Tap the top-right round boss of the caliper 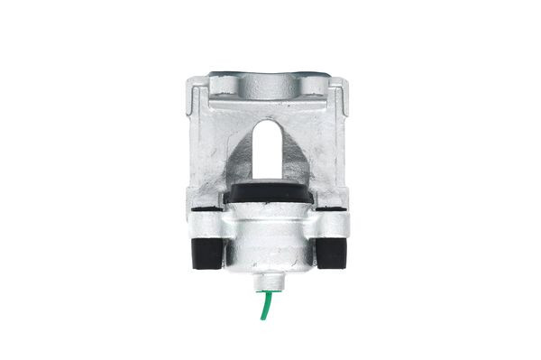point(316,88)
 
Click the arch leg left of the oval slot point(237,158)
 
